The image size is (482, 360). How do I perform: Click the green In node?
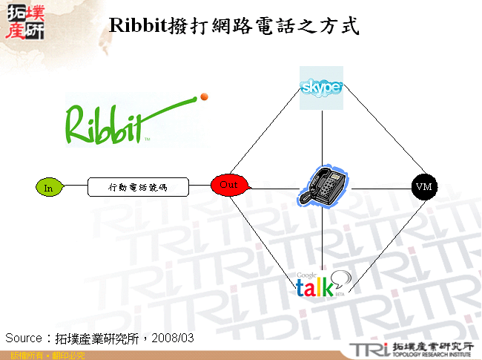click(x=48, y=188)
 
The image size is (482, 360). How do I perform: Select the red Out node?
click(x=229, y=185)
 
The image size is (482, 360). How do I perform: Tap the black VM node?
click(x=423, y=186)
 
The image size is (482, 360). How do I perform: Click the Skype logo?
click(x=321, y=88)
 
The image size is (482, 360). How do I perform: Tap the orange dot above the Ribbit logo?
click(x=204, y=96)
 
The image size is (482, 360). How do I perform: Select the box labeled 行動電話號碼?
click(x=139, y=187)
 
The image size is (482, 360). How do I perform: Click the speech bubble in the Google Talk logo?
click(x=340, y=279)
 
